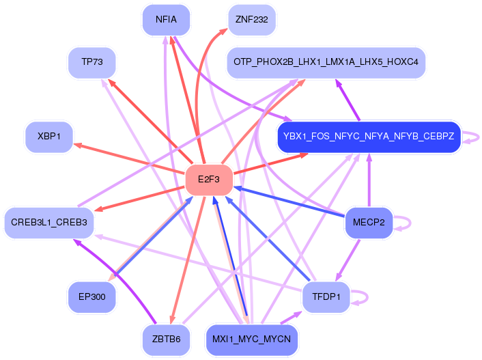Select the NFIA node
(166, 19)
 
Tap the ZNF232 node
(251, 19)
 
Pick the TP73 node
(91, 62)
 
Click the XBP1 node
(49, 137)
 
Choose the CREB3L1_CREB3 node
(48, 222)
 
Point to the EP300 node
(91, 296)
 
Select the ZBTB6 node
(166, 339)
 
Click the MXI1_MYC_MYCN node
(251, 339)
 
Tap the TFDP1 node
(326, 296)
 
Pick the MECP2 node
(369, 222)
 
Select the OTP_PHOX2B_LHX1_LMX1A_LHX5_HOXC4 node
(326, 62)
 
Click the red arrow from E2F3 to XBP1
(130, 158)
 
